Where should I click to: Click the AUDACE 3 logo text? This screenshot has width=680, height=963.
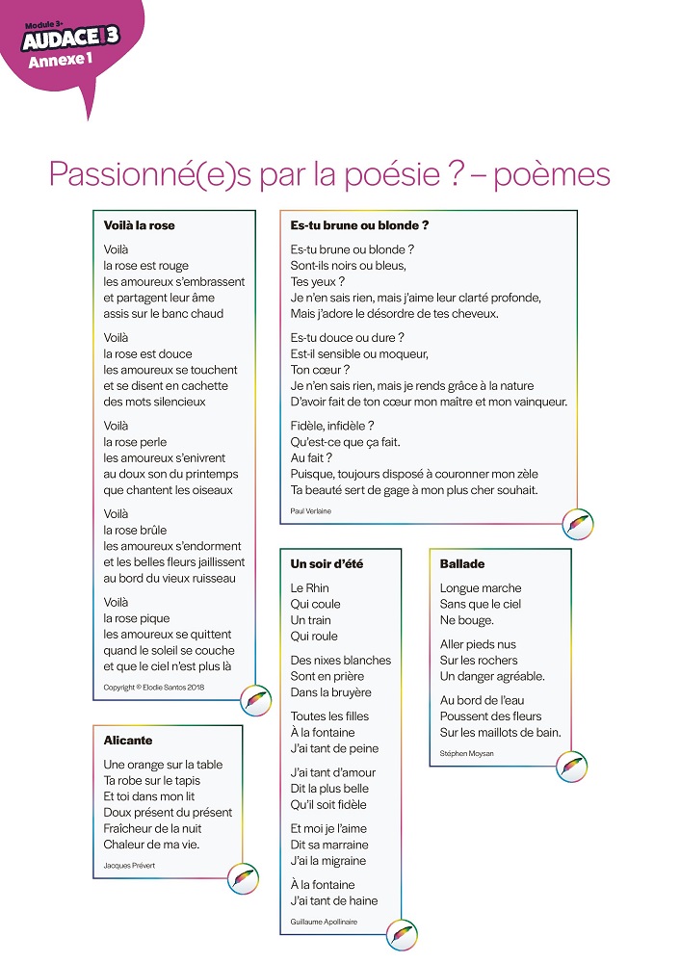71,39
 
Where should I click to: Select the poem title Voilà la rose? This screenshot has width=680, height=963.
139,225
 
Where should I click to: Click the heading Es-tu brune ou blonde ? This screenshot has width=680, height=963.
359,225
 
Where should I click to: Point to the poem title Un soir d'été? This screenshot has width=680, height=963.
327,563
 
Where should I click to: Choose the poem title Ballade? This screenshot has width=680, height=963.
462,563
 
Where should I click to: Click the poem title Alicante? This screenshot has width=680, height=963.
128,741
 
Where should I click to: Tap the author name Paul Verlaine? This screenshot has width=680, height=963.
310,511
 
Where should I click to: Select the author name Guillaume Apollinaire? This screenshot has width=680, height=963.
324,922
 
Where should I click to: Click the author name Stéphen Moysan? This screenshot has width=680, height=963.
466,753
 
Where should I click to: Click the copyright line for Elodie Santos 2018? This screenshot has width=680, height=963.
154,687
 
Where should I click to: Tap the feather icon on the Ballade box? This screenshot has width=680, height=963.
571,768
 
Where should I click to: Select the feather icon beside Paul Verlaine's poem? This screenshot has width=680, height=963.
577,524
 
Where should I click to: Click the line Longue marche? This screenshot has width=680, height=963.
480,588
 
